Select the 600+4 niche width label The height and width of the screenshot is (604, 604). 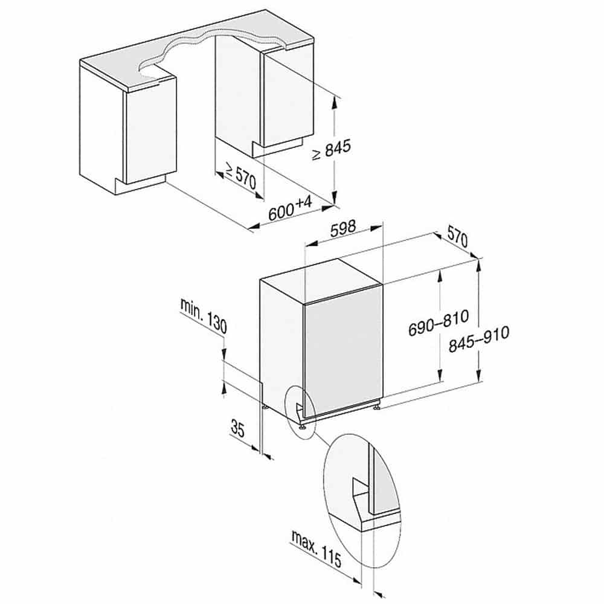(x=291, y=208)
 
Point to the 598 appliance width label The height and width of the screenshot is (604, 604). (x=343, y=229)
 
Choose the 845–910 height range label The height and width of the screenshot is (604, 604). (x=479, y=339)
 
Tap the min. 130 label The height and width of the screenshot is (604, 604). (x=204, y=315)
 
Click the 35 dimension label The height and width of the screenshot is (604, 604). (x=237, y=428)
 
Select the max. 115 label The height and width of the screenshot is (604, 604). (x=316, y=548)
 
